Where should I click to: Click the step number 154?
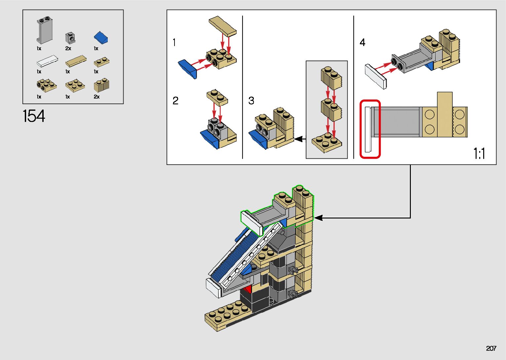coord(34,116)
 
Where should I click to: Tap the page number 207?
coord(491,348)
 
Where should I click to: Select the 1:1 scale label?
coord(479,154)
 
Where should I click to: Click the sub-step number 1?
coord(174,43)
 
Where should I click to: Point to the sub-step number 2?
coord(175,100)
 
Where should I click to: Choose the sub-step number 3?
coord(251,100)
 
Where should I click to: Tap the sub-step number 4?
coord(362,43)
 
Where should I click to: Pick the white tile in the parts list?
coord(47,61)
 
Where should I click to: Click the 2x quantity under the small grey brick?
coord(68,49)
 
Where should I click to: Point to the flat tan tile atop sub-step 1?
coord(222,26)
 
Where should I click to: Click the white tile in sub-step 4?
coord(375,76)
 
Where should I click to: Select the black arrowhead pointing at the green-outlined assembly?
coord(318,218)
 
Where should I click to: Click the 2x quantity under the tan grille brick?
coord(97,97)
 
